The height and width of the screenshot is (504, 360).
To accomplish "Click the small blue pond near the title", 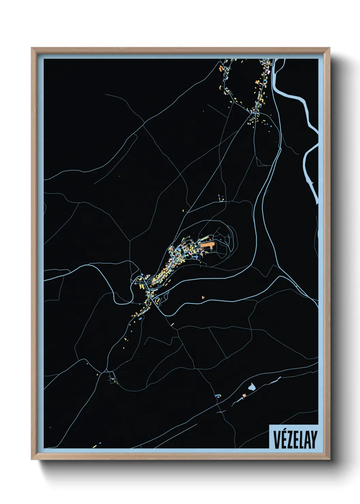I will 251,387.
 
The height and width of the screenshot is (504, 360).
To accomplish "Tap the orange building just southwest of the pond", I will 244,395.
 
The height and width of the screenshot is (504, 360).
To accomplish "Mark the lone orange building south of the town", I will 203,297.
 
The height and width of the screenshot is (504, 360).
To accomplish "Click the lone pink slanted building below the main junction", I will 173,324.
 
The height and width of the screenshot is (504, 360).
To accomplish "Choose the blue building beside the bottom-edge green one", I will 100,443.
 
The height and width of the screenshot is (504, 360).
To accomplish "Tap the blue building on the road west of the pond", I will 217,396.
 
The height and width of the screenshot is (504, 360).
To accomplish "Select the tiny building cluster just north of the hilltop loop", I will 222,198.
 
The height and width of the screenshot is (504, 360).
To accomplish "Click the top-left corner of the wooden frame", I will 32,48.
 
